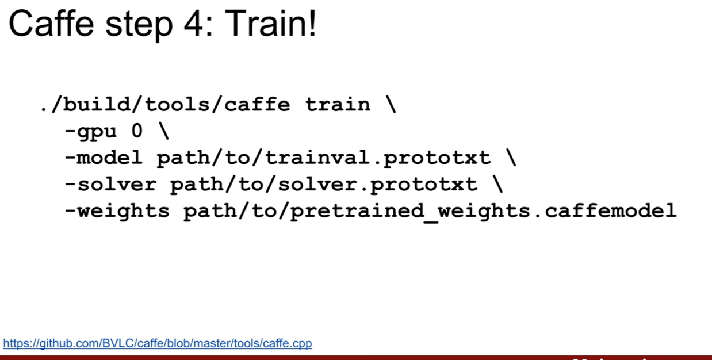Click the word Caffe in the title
pos(52,24)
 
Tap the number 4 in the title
pos(193,24)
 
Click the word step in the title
pos(139,26)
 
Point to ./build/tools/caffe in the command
pos(165,104)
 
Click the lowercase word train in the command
pos(338,105)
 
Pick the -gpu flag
pos(91,132)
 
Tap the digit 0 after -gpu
pos(137,131)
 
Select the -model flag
pos(104,157)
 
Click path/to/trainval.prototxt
pos(324,158)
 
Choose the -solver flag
pos(110,184)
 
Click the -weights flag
pos(117,211)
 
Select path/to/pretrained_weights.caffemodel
pos(430,211)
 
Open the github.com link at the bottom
pos(158,343)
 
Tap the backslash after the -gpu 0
pos(164,131)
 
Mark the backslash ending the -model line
pos(511,157)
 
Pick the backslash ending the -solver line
pos(497,184)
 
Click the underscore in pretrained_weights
pos(431,221)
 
